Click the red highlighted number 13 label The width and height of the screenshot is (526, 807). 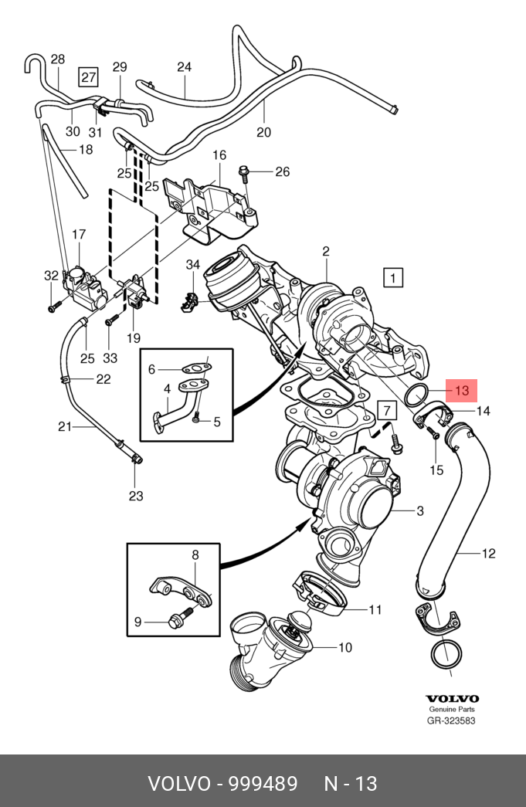tap(461, 391)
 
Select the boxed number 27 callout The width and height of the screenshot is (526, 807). tap(89, 76)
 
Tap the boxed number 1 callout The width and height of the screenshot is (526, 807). tap(393, 277)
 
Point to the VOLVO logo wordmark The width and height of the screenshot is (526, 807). tap(452, 698)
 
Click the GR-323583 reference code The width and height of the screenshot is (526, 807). tap(452, 721)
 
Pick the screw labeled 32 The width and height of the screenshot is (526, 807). tap(52, 307)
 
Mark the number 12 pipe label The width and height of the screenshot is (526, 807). tap(488, 553)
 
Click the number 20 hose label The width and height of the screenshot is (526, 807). tap(264, 132)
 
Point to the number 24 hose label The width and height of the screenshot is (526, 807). tap(184, 67)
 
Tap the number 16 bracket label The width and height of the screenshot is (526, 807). tap(219, 155)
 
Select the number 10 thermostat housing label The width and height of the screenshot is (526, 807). tap(344, 647)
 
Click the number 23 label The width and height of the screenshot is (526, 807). tap(136, 496)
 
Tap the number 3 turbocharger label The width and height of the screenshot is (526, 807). tap(420, 510)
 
